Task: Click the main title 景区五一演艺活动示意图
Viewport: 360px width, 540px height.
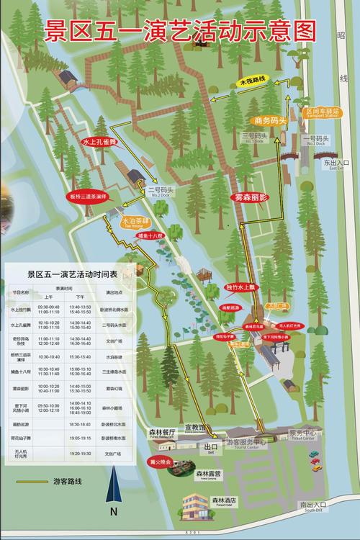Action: click(181, 31)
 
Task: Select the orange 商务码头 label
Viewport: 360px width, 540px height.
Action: click(270, 121)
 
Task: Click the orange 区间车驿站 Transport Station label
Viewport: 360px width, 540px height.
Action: click(321, 113)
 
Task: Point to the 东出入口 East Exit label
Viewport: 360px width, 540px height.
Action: click(336, 165)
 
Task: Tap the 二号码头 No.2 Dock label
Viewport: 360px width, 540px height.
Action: click(158, 192)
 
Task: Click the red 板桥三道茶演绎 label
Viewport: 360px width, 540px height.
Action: click(89, 196)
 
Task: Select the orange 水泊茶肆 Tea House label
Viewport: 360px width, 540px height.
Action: click(133, 222)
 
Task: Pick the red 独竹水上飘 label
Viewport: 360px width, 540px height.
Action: click(240, 288)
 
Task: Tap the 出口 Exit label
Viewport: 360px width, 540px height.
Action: click(211, 446)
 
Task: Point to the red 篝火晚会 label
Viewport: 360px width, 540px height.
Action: click(160, 462)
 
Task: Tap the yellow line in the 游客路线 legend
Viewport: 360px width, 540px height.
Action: click(29, 481)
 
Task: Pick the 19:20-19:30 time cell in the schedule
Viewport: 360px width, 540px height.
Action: click(79, 454)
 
